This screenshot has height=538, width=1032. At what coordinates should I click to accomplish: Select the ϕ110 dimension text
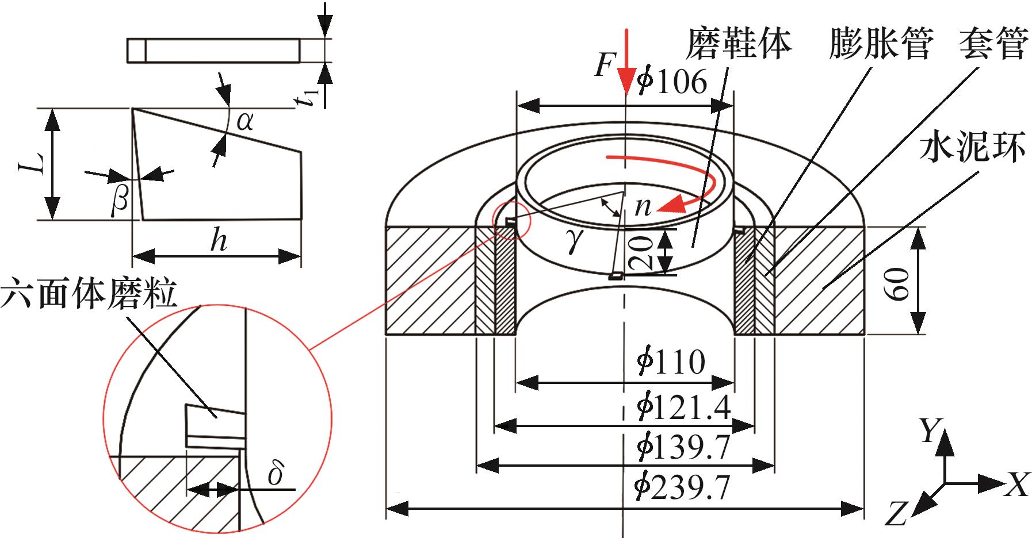(x=671, y=363)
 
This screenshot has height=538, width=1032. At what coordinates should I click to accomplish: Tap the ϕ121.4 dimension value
(x=683, y=408)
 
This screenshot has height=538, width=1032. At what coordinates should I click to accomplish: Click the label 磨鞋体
(x=739, y=44)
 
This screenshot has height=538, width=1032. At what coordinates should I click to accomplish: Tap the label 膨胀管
(x=880, y=44)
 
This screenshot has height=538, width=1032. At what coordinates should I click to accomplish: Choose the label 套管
(x=993, y=44)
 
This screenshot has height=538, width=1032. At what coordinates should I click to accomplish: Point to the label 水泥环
(x=973, y=148)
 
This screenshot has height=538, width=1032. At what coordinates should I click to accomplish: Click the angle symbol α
(x=244, y=121)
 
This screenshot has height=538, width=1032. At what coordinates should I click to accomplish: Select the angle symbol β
(x=119, y=202)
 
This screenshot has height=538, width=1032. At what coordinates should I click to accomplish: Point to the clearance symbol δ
(x=277, y=475)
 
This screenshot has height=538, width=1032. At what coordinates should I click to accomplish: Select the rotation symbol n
(x=643, y=206)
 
